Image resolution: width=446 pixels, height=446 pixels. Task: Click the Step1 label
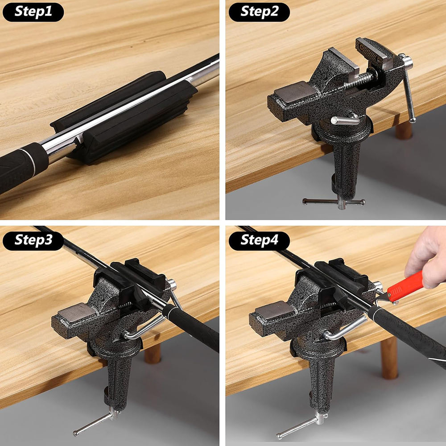click(x=33, y=12)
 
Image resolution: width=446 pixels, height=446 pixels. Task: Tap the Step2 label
click(x=259, y=12)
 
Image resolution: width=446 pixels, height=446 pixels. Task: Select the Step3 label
click(x=33, y=241)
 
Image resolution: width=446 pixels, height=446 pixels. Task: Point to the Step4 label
click(x=259, y=241)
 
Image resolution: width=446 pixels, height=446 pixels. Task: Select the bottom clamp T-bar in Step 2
click(x=334, y=202)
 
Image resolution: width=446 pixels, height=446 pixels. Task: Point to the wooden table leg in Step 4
click(x=389, y=358)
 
